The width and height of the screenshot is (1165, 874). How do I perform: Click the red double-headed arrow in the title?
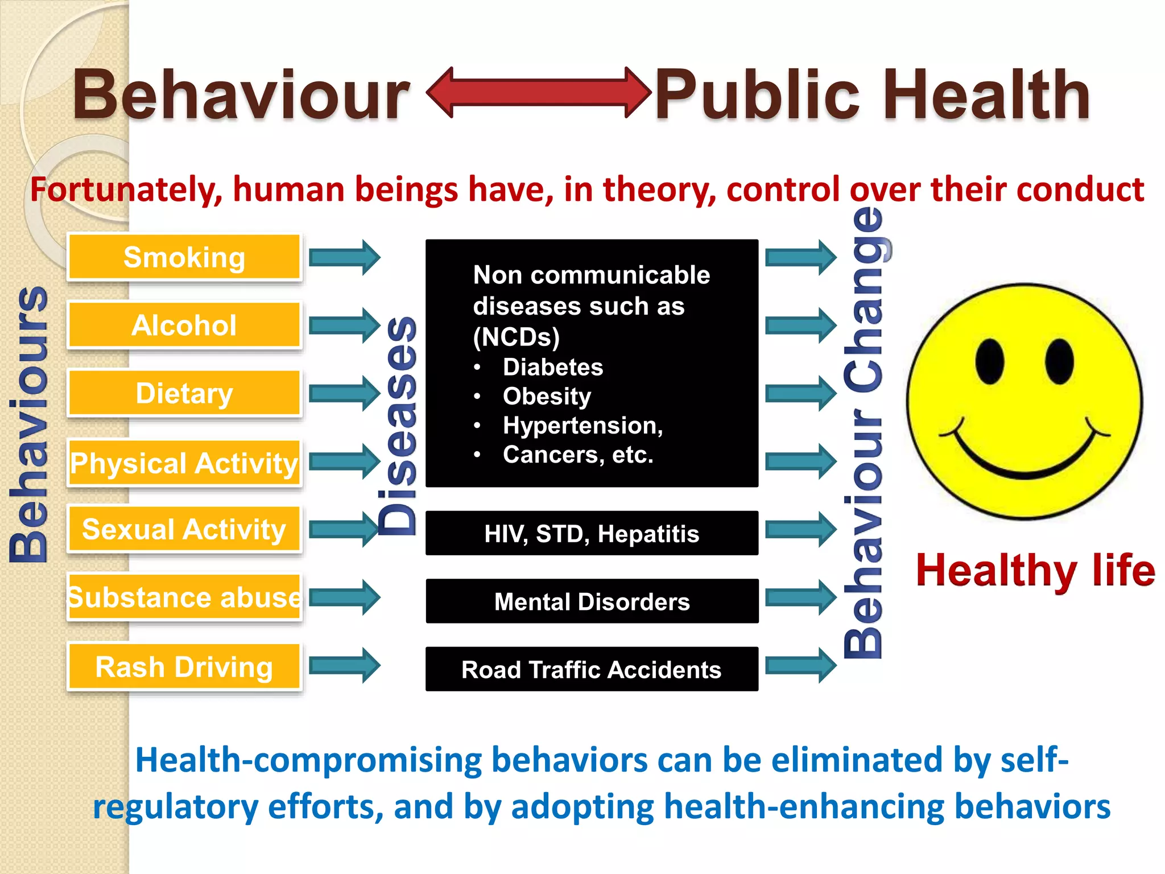click(x=538, y=93)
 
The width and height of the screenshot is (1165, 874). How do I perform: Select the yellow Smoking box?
click(x=184, y=257)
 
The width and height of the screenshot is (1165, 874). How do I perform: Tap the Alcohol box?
click(x=184, y=325)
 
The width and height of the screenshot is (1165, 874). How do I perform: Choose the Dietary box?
click(x=184, y=393)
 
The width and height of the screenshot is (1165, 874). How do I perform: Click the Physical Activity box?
click(x=184, y=463)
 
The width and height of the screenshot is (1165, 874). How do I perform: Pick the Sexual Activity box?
click(x=184, y=529)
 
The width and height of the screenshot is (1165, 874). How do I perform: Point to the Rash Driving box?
click(x=184, y=666)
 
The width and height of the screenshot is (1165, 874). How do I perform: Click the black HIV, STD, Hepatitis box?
click(x=592, y=533)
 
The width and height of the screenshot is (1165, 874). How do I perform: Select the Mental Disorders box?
click(x=592, y=601)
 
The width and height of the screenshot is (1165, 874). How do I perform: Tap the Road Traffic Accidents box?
click(x=592, y=669)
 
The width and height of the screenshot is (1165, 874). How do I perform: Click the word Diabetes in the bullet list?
click(x=552, y=367)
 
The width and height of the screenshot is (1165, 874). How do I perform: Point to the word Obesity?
click(x=547, y=396)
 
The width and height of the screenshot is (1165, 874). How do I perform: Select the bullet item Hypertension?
click(x=582, y=425)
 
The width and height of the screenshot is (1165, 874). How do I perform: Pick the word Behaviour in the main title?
click(x=241, y=94)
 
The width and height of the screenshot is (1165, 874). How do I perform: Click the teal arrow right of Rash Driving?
click(x=345, y=665)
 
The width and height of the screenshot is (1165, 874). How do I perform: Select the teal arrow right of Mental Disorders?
click(x=801, y=597)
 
